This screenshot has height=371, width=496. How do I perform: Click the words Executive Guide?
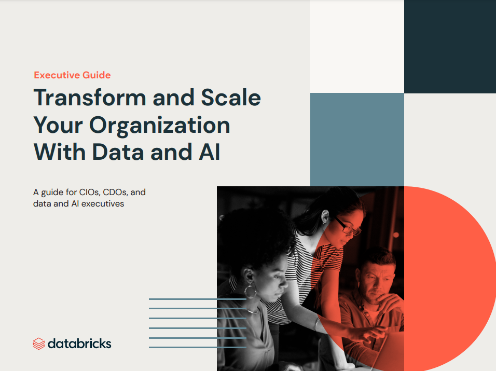click(x=72, y=75)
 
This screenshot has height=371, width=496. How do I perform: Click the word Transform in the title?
click(x=90, y=98)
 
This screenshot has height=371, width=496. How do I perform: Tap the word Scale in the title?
click(x=231, y=98)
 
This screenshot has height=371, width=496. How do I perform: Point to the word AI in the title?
click(x=209, y=152)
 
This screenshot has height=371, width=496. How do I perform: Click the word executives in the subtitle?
click(x=103, y=204)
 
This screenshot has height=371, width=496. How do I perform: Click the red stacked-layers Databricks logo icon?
click(x=38, y=344)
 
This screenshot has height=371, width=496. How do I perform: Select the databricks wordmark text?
click(x=79, y=344)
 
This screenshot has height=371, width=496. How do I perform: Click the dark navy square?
click(x=450, y=47)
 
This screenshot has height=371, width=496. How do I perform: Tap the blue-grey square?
click(x=357, y=140)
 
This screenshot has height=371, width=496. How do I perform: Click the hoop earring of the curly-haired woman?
click(x=250, y=292)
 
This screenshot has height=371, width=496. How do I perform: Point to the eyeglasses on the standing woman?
click(x=348, y=226)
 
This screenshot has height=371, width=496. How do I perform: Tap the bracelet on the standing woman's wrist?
click(x=317, y=324)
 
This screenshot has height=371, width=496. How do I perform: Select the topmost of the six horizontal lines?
click(x=197, y=299)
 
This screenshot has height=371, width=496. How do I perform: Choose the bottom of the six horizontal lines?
click(x=197, y=347)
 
